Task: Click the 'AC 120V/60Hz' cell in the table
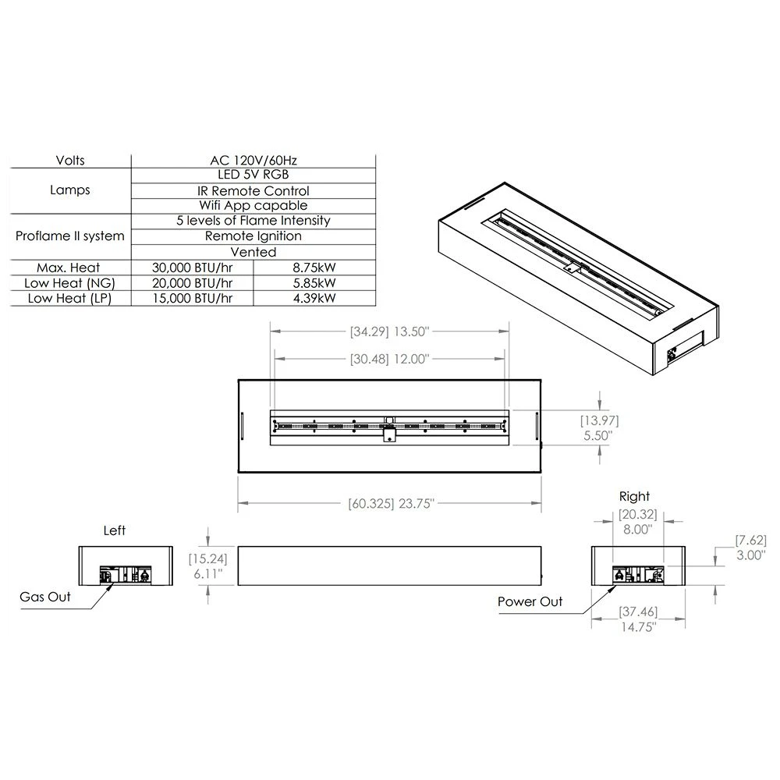click(253, 160)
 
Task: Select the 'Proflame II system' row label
click(69, 236)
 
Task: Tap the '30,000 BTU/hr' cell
click(192, 268)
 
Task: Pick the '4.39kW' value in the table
click(314, 298)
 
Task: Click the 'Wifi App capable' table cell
click(253, 205)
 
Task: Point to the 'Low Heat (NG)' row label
click(69, 283)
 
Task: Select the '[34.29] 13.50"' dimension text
click(389, 331)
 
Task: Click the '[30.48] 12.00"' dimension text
click(389, 359)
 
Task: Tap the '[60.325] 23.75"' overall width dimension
click(391, 503)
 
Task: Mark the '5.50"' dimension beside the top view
click(598, 436)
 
